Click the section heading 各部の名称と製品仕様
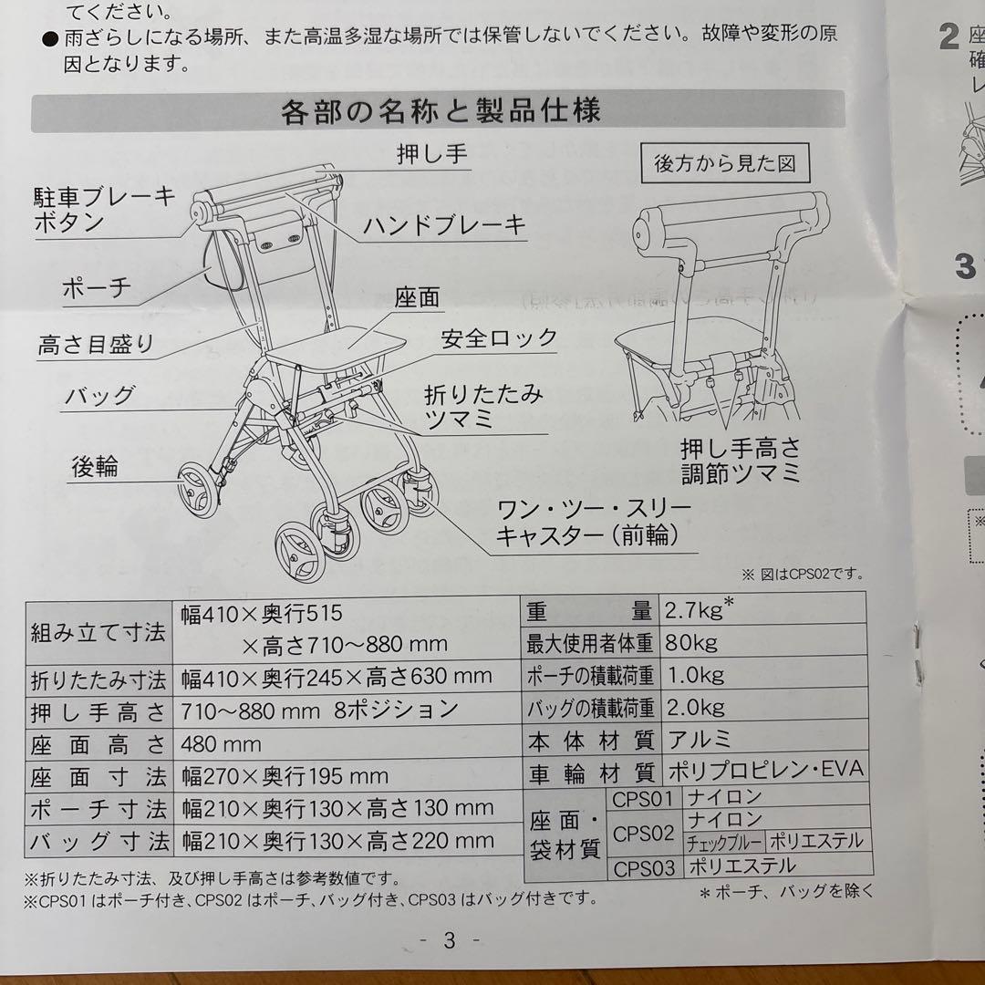pos(441,113)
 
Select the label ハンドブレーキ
pos(445,224)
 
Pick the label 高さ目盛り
pos(96,345)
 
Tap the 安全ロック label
pos(499,338)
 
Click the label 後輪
pos(95,466)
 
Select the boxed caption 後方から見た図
pos(725,163)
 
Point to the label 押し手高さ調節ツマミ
pos(741,461)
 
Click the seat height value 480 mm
pos(221,743)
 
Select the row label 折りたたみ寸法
pos(98,679)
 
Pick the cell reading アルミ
pos(700,739)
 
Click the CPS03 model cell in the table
pos(644,867)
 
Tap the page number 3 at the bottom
pos(449,940)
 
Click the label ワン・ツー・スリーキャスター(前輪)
pos(593,522)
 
